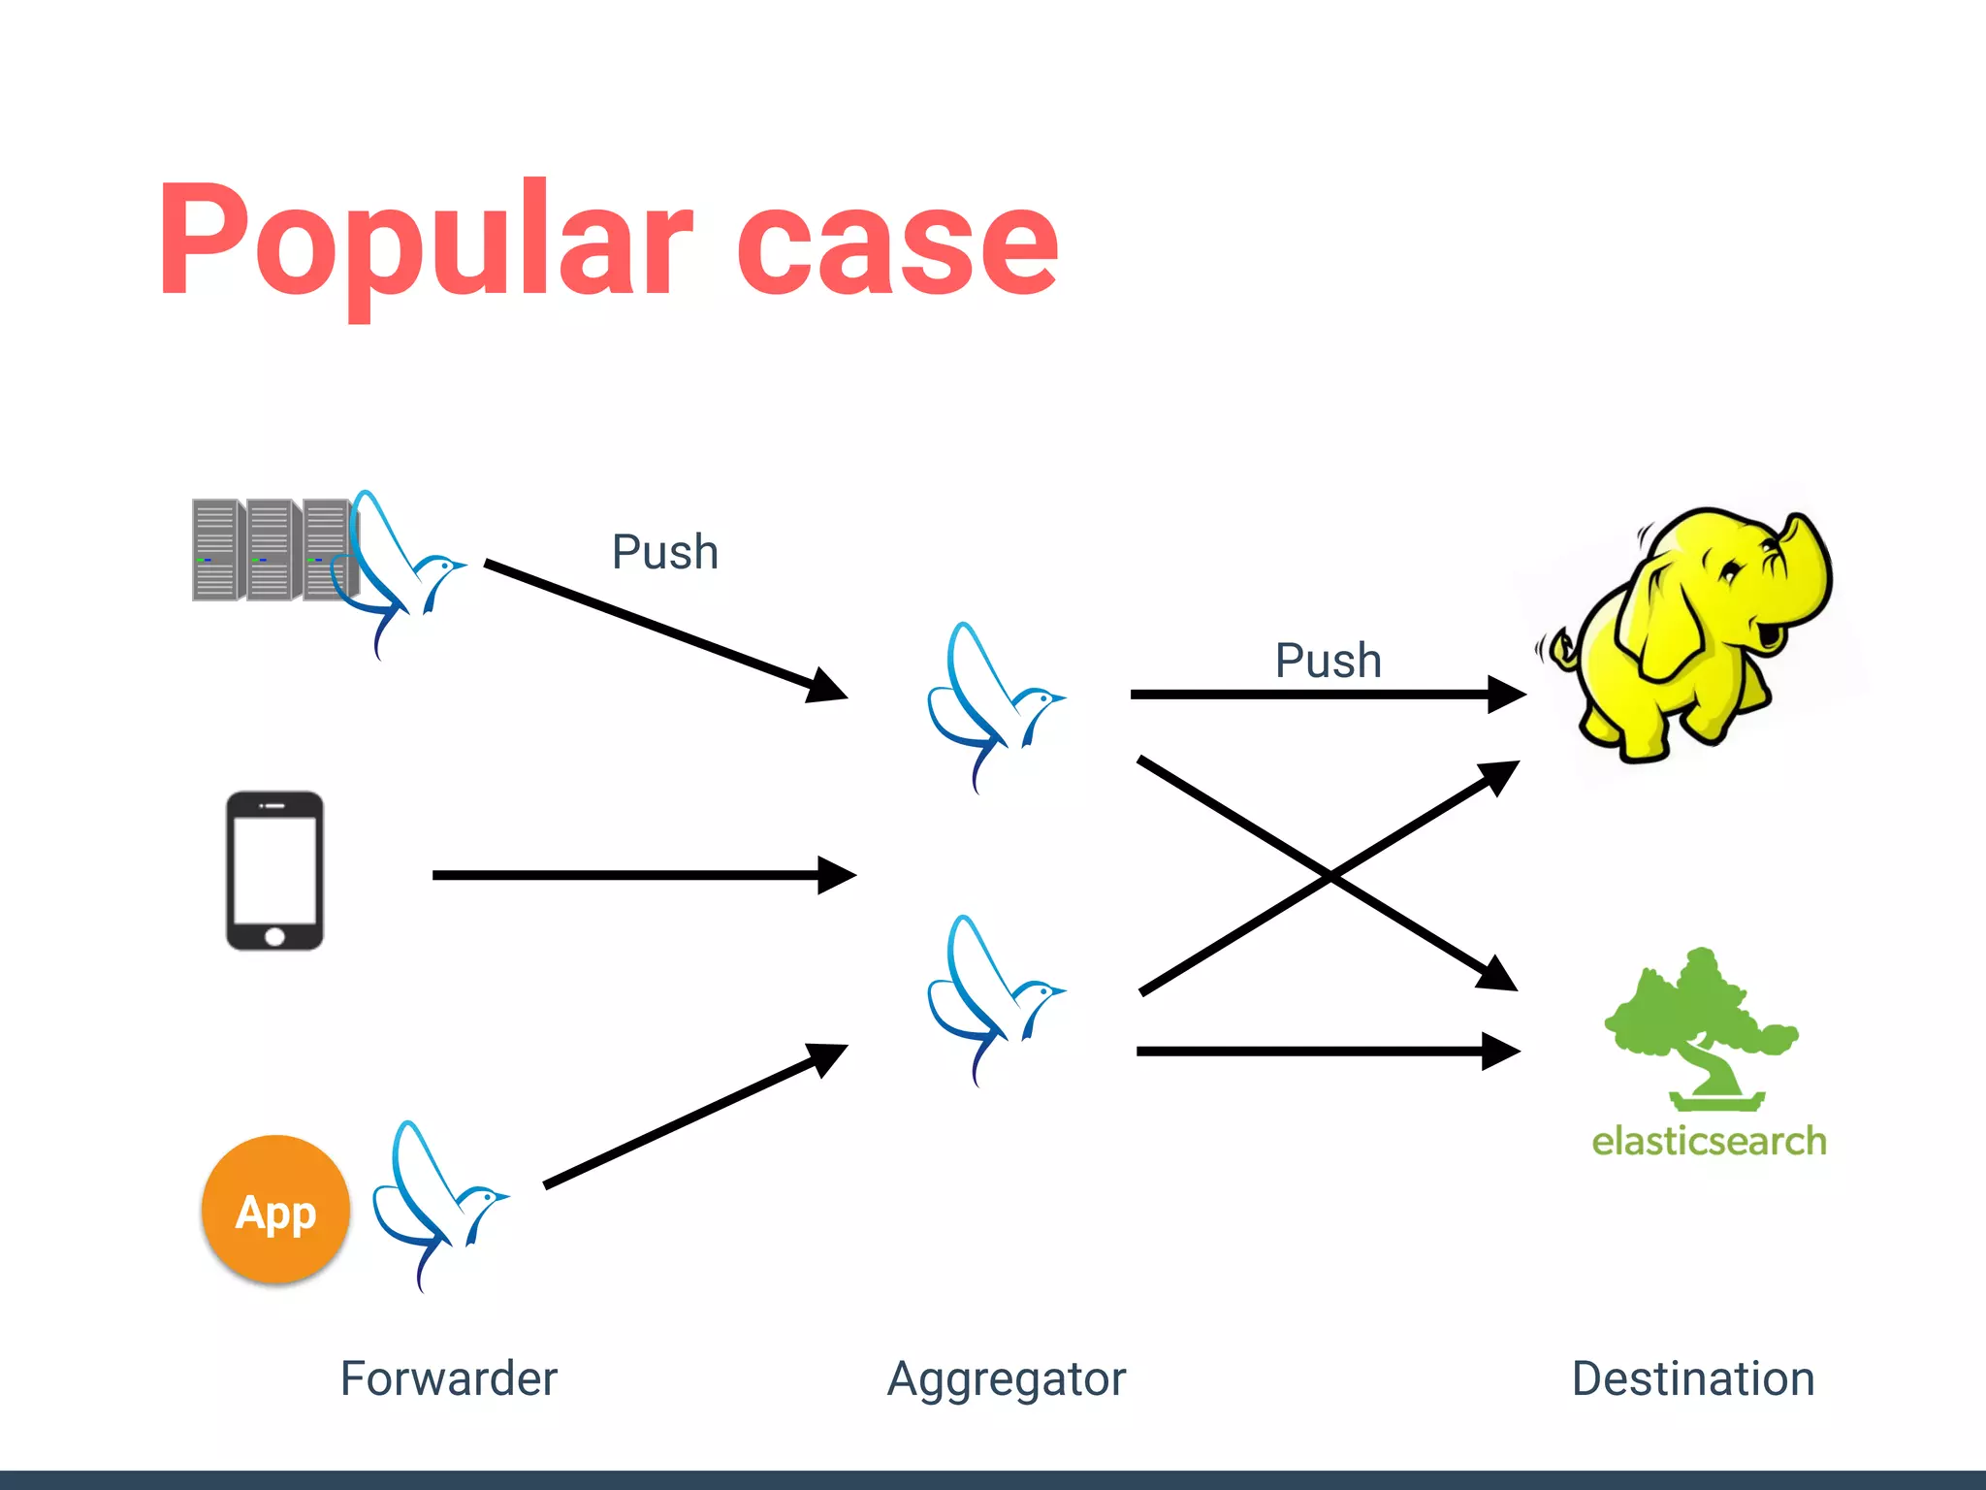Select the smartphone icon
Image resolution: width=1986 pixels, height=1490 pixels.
pyautogui.click(x=274, y=870)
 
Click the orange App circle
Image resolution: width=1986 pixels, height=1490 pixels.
pyautogui.click(x=275, y=1210)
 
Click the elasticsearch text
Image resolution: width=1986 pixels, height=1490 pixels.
pyautogui.click(x=1709, y=1142)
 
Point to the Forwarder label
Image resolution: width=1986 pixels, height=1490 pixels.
pyautogui.click(x=448, y=1378)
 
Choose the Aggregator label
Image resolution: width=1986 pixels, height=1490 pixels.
pyautogui.click(x=1007, y=1378)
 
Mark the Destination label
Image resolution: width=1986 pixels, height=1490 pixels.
pyautogui.click(x=1693, y=1378)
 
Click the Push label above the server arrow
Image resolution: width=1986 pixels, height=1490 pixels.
pyautogui.click(x=665, y=552)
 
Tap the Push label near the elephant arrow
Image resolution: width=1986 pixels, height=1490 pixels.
pyautogui.click(x=1328, y=661)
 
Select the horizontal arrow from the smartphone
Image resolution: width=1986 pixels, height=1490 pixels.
pyautogui.click(x=640, y=875)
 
